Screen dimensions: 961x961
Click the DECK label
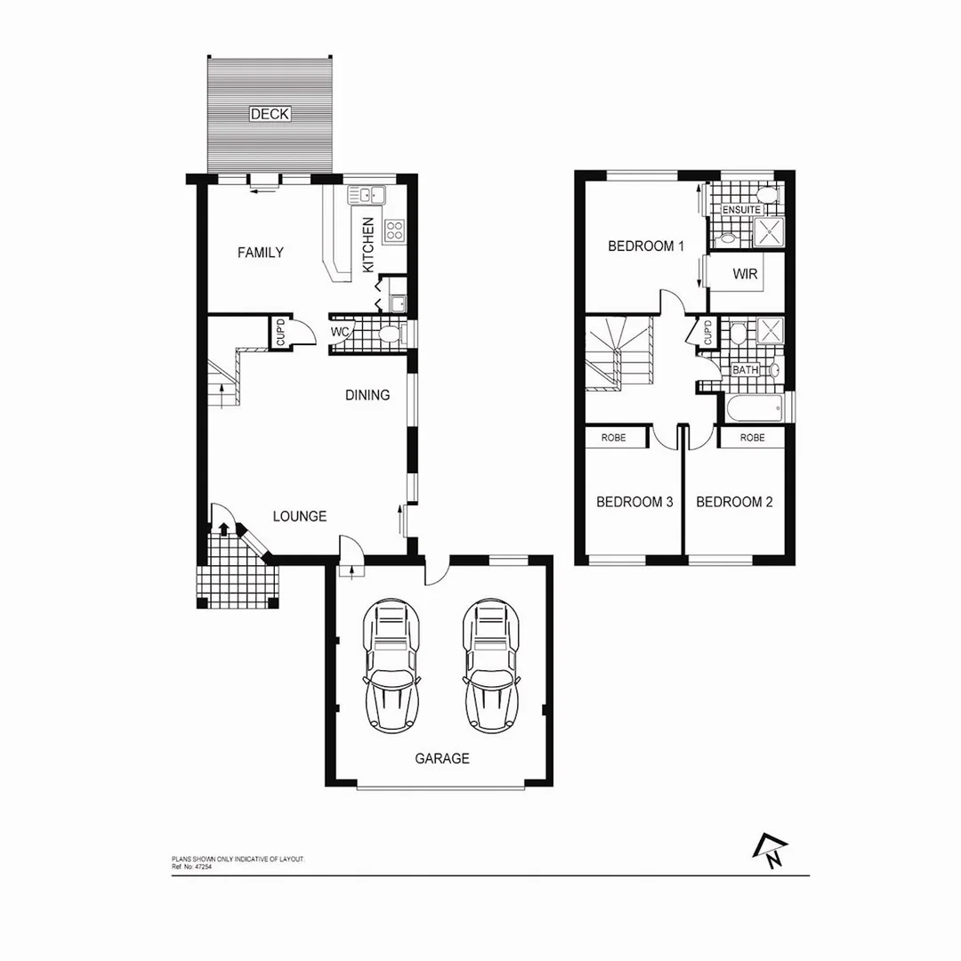(270, 114)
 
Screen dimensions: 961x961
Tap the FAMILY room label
(261, 253)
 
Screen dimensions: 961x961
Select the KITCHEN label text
(367, 245)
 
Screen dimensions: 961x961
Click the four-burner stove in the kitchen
(393, 231)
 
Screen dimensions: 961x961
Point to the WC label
(340, 333)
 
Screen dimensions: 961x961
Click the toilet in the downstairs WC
(388, 335)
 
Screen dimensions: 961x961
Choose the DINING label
(367, 395)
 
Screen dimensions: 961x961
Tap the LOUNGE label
(299, 516)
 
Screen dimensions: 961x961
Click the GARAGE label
(442, 759)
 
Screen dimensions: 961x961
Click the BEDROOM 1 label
(645, 246)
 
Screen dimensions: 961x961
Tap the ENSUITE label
(741, 210)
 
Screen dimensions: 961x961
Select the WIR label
(746, 274)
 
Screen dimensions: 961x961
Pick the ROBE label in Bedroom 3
(613, 438)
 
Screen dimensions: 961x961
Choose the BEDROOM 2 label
(734, 502)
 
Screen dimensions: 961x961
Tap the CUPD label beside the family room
(280, 333)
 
